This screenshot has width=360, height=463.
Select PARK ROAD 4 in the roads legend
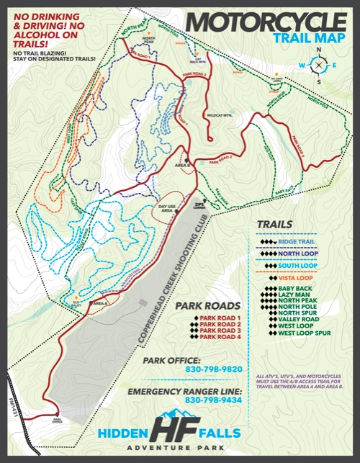tap(220, 336)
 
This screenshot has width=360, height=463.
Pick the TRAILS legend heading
tap(274, 224)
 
